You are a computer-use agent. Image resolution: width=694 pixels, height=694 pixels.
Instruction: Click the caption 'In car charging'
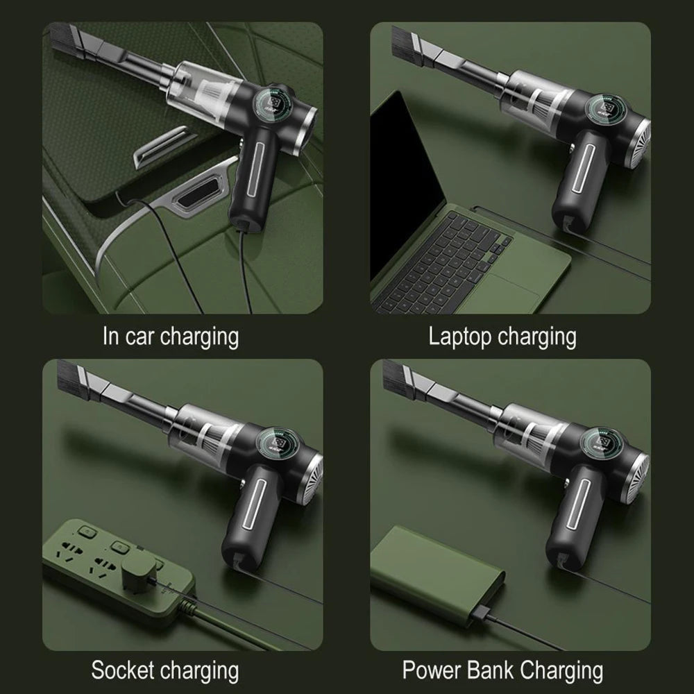[171, 337]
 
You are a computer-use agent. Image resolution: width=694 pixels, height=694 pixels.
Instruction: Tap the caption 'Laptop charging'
[502, 337]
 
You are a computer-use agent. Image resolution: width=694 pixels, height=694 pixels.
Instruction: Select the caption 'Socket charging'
[164, 671]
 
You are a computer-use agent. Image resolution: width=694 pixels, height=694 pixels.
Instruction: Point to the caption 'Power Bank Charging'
[502, 671]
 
